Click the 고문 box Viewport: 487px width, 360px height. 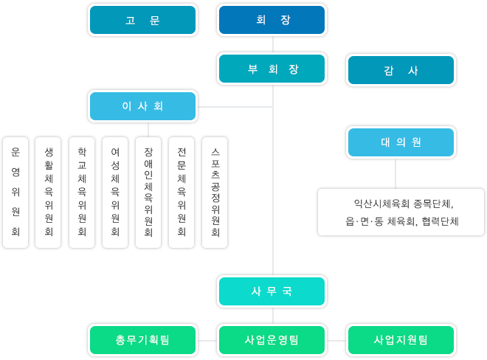[142, 20]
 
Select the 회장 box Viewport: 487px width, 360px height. [272, 20]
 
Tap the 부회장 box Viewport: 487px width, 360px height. [272, 69]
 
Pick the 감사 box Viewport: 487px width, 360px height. [401, 70]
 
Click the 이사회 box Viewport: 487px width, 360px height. [142, 106]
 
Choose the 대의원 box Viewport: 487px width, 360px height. [401, 142]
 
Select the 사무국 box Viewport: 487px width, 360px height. [272, 291]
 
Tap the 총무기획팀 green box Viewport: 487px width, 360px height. [142, 340]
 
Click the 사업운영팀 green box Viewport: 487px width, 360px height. [272, 340]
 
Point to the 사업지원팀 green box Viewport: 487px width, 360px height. [401, 340]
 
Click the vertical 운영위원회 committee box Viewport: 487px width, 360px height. [15, 193]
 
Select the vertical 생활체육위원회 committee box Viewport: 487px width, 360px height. [48, 193]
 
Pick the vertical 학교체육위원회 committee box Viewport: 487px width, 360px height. [82, 193]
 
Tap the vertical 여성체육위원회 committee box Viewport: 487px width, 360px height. [115, 193]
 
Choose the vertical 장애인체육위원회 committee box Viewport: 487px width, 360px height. [148, 193]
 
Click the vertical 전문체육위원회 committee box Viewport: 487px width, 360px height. [182, 193]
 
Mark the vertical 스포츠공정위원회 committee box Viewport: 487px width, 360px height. [215, 193]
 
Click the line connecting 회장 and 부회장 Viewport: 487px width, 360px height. [273, 44]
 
